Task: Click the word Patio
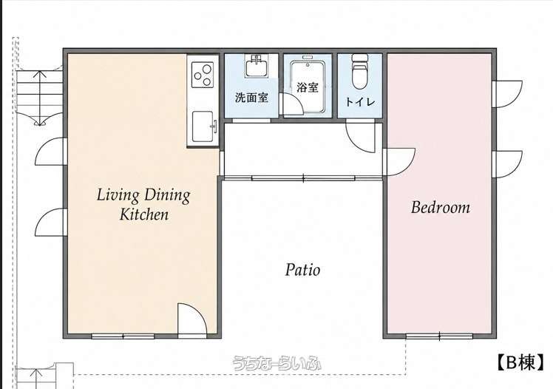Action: pyautogui.click(x=302, y=270)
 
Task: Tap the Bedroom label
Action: pyautogui.click(x=441, y=207)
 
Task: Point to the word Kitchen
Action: pyautogui.click(x=144, y=214)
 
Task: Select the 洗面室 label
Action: pyautogui.click(x=251, y=98)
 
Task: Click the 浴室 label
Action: pyautogui.click(x=308, y=87)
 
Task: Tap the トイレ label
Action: pyautogui.click(x=360, y=102)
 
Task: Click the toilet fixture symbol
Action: pyautogui.click(x=360, y=72)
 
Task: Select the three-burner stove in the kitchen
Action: pyautogui.click(x=203, y=75)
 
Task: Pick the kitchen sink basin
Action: pyautogui.click(x=203, y=126)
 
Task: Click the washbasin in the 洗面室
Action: pyautogui.click(x=257, y=67)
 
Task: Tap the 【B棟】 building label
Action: pyautogui.click(x=520, y=362)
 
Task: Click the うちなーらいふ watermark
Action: pyautogui.click(x=276, y=363)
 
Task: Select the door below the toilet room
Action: pyautogui.click(x=360, y=136)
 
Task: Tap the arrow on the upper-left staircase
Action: pyautogui.click(x=40, y=98)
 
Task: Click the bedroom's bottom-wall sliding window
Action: pyautogui.click(x=439, y=336)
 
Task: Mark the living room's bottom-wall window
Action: pyautogui.click(x=123, y=336)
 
